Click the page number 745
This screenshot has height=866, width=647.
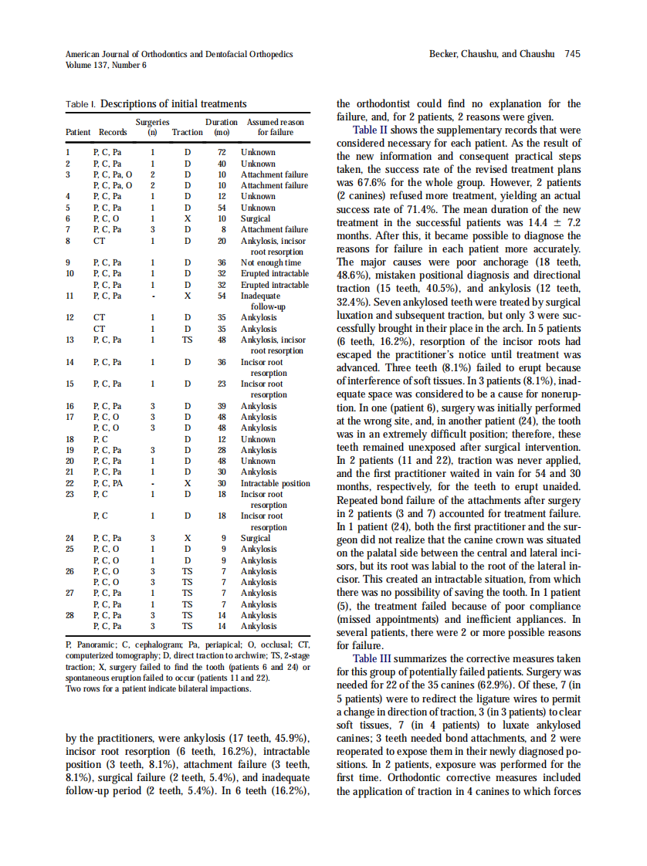[572, 54]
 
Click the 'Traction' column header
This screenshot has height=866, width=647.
[187, 133]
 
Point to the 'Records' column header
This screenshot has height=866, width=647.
[112, 133]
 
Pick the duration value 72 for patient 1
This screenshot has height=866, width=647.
[221, 153]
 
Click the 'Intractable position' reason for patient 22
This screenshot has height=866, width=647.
[275, 483]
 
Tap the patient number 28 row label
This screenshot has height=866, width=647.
[70, 616]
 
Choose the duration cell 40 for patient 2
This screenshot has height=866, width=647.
[221, 164]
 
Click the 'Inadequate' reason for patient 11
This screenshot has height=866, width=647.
[260, 296]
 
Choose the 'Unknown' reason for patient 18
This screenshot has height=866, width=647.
[258, 439]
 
